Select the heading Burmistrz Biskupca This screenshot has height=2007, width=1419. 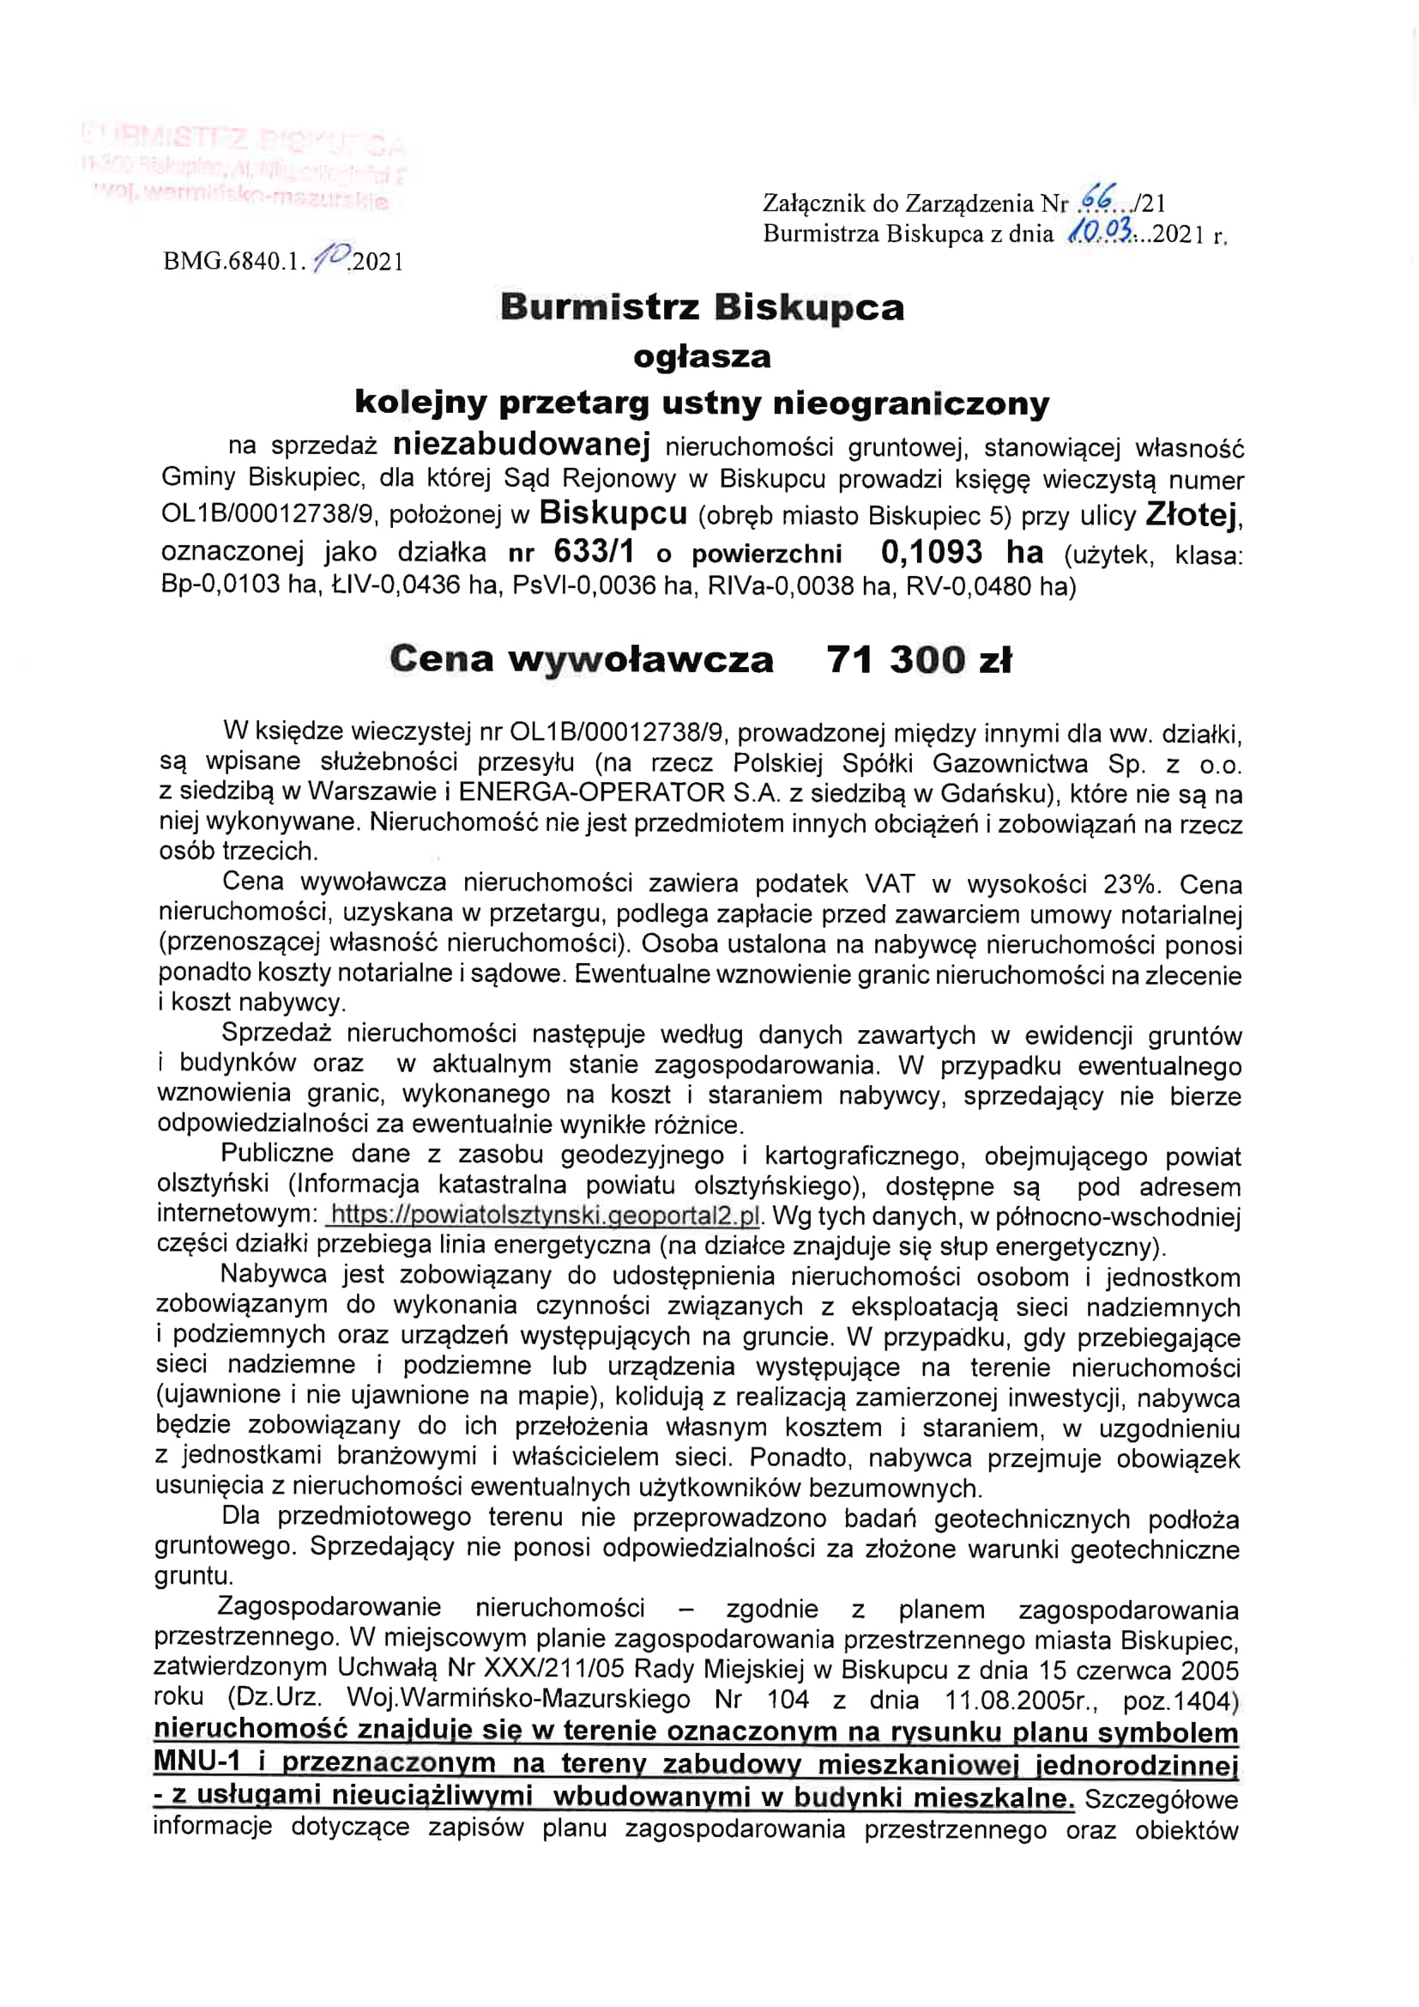(x=702, y=307)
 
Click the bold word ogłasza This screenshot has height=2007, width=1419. (x=702, y=356)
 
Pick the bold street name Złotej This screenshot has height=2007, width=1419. (x=1193, y=516)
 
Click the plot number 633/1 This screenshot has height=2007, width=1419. (x=595, y=552)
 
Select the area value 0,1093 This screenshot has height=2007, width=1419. (x=932, y=552)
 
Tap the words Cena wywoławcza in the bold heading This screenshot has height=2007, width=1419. (x=581, y=659)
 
